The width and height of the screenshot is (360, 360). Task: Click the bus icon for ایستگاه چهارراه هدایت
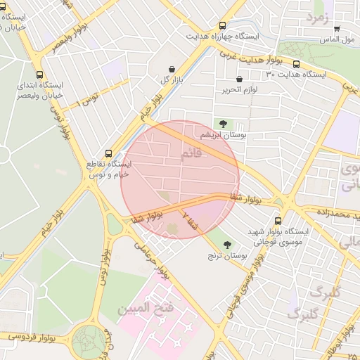click(x=223, y=25)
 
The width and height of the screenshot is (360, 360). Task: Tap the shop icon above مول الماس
click(x=337, y=29)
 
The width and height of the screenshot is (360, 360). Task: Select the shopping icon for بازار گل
click(x=172, y=69)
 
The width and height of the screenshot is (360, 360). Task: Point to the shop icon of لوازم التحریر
click(x=240, y=79)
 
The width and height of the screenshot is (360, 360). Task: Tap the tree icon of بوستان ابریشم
click(x=223, y=124)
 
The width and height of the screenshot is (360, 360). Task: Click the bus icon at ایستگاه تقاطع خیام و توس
click(x=108, y=153)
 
